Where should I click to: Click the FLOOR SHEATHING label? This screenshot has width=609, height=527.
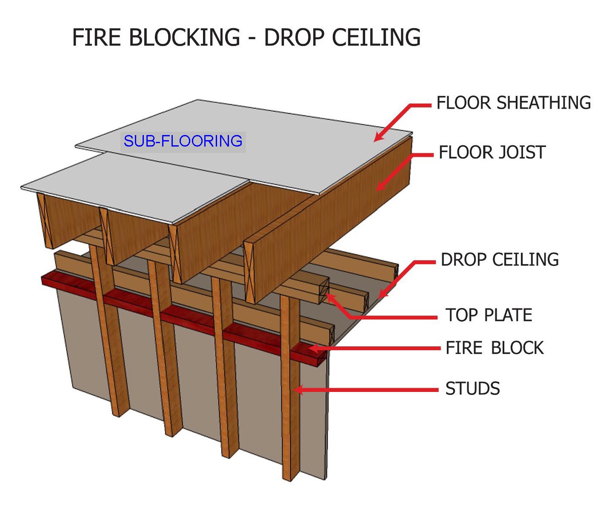(514, 103)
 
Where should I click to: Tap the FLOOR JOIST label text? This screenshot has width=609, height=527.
(492, 153)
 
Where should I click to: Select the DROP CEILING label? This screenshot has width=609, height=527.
(500, 259)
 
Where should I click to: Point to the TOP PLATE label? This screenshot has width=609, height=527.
(489, 315)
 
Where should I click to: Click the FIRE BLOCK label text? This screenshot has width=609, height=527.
(495, 348)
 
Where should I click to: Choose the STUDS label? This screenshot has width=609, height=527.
(472, 389)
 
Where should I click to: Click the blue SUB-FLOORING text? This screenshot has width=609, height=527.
(183, 141)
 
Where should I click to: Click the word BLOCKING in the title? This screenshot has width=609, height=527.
(184, 37)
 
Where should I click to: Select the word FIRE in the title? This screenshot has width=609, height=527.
(97, 37)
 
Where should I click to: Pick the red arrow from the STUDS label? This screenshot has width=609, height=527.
(366, 390)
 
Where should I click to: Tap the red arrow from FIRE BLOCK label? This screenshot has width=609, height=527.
(375, 348)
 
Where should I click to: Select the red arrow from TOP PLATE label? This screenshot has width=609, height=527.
(375, 317)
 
